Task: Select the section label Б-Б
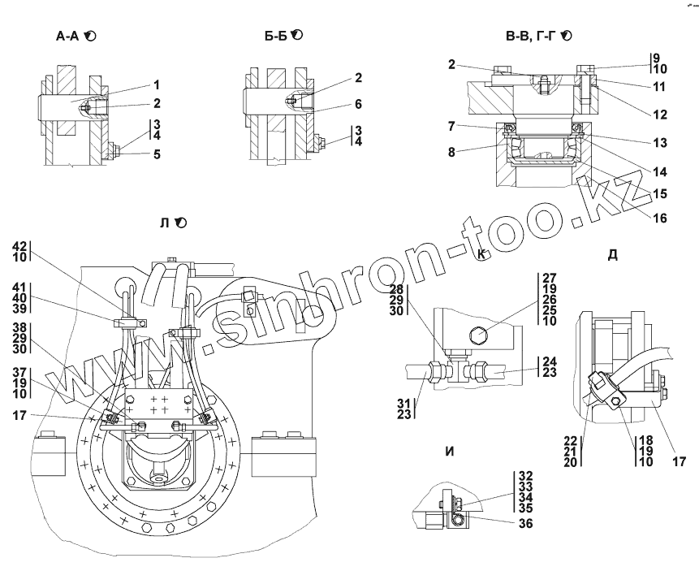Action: (x=277, y=36)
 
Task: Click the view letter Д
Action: (x=612, y=255)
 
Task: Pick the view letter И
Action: (x=449, y=453)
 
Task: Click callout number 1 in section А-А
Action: (x=156, y=84)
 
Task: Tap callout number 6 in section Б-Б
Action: (x=358, y=106)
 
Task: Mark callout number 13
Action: (x=659, y=143)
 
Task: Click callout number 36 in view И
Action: (x=525, y=525)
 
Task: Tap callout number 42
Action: (x=19, y=244)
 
